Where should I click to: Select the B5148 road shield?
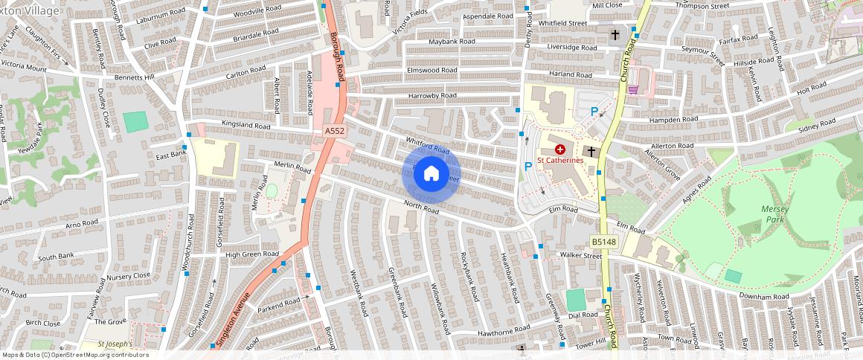click(603, 242)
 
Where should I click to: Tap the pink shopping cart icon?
click(633, 89)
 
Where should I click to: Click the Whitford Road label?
click(428, 146)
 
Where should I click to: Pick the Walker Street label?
click(580, 256)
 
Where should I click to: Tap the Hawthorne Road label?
click(504, 328)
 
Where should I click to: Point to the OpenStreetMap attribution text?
click(75, 355)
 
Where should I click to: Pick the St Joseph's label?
click(116, 344)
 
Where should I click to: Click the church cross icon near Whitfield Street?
click(615, 34)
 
